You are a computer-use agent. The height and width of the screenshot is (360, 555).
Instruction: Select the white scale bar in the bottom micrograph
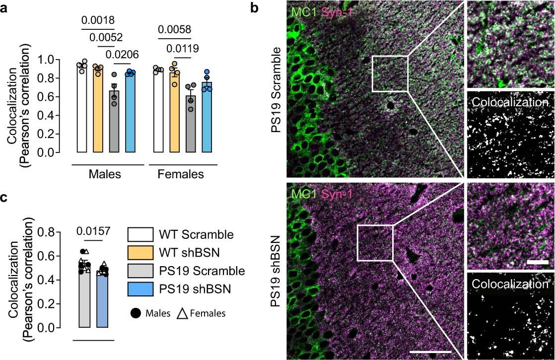(x=430, y=352)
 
